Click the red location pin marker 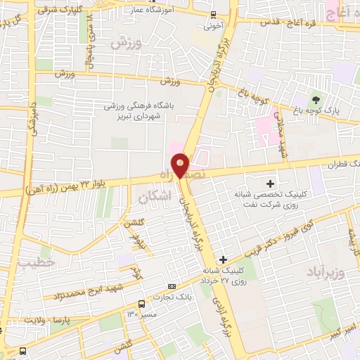181,164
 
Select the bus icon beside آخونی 214,14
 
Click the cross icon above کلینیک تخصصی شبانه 270,184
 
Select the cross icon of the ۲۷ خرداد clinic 223,259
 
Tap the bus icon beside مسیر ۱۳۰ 142,304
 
